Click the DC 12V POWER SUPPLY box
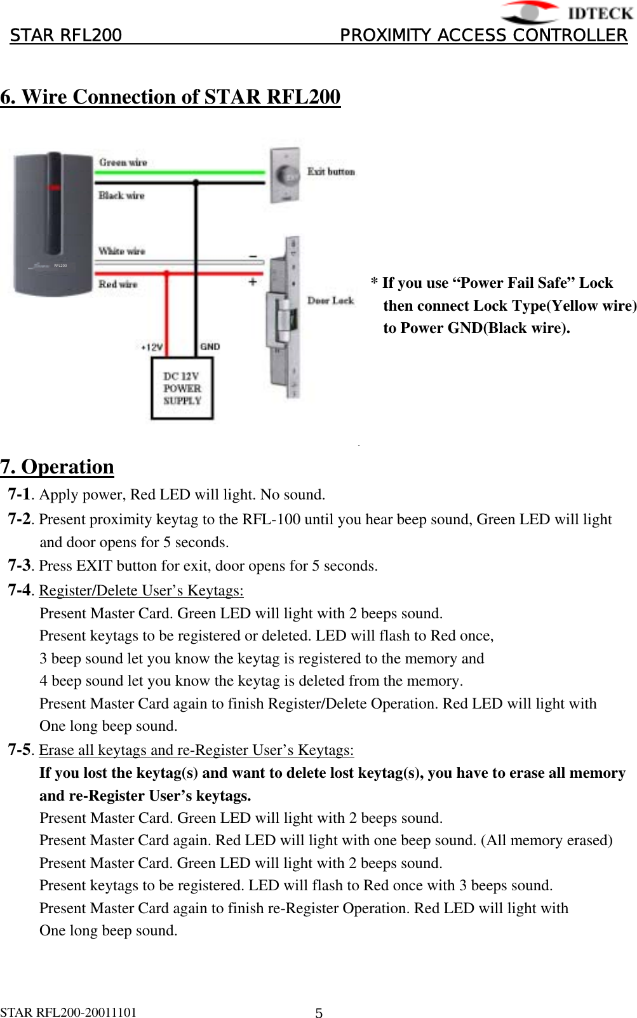coord(182,388)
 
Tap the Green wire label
coord(123,163)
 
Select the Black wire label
coord(121,196)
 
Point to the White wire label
coord(121,251)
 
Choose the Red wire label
coord(117,284)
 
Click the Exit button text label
coord(331,172)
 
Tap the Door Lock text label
coord(330,301)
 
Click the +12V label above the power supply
coord(152,347)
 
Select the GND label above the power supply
coord(210,346)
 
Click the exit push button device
coord(285,175)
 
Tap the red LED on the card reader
coord(54,188)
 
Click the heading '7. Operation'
coord(57,467)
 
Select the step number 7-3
coord(19,565)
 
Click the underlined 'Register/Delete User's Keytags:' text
coord(141,590)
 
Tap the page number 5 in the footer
coord(319,1013)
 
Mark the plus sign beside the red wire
coord(253,281)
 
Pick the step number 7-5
coord(19,750)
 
